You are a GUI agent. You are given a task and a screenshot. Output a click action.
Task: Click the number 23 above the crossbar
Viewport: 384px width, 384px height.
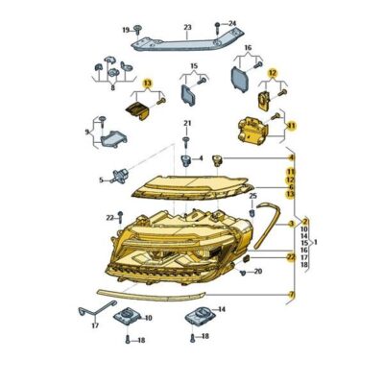point(187,28)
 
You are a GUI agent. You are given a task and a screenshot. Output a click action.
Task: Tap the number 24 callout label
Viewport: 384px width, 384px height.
point(230,21)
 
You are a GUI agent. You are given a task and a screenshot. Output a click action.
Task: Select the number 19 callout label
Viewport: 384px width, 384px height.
point(125,31)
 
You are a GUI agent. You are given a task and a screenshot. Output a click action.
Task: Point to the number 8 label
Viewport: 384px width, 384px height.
point(113,87)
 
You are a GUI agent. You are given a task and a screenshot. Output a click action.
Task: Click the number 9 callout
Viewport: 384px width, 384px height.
point(87,132)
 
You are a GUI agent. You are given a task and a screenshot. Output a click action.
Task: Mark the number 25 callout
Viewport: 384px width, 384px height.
point(252,197)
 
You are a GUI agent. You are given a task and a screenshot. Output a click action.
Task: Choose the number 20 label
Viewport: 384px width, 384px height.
point(258,273)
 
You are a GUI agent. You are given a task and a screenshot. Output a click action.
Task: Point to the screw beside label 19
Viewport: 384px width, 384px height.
point(139,31)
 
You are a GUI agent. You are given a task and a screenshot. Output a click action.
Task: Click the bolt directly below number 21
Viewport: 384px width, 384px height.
point(187,138)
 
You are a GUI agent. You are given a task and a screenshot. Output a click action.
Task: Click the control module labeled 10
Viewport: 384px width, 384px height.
point(125,318)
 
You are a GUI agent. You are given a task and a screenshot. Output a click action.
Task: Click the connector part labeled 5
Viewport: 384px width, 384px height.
point(119,178)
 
